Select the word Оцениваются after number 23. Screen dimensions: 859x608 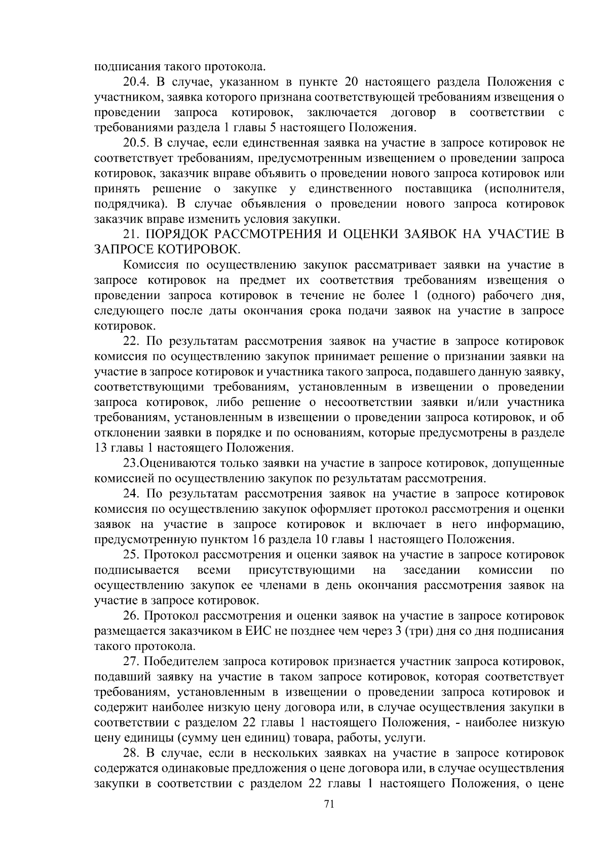[172, 464]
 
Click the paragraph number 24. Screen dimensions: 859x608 [131, 494]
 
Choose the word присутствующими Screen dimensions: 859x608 [301, 570]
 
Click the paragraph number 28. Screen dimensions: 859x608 [131, 754]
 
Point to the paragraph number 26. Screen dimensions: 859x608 [131, 616]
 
